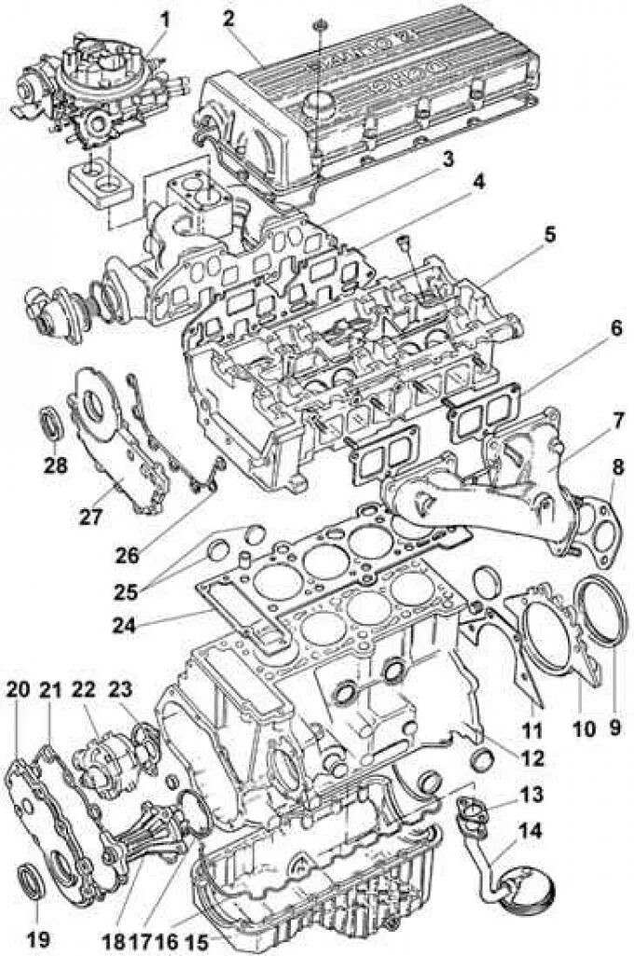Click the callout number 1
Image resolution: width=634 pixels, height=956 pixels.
click(165, 17)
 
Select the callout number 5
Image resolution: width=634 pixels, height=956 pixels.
click(550, 234)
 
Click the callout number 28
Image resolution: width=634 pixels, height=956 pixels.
click(56, 464)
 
